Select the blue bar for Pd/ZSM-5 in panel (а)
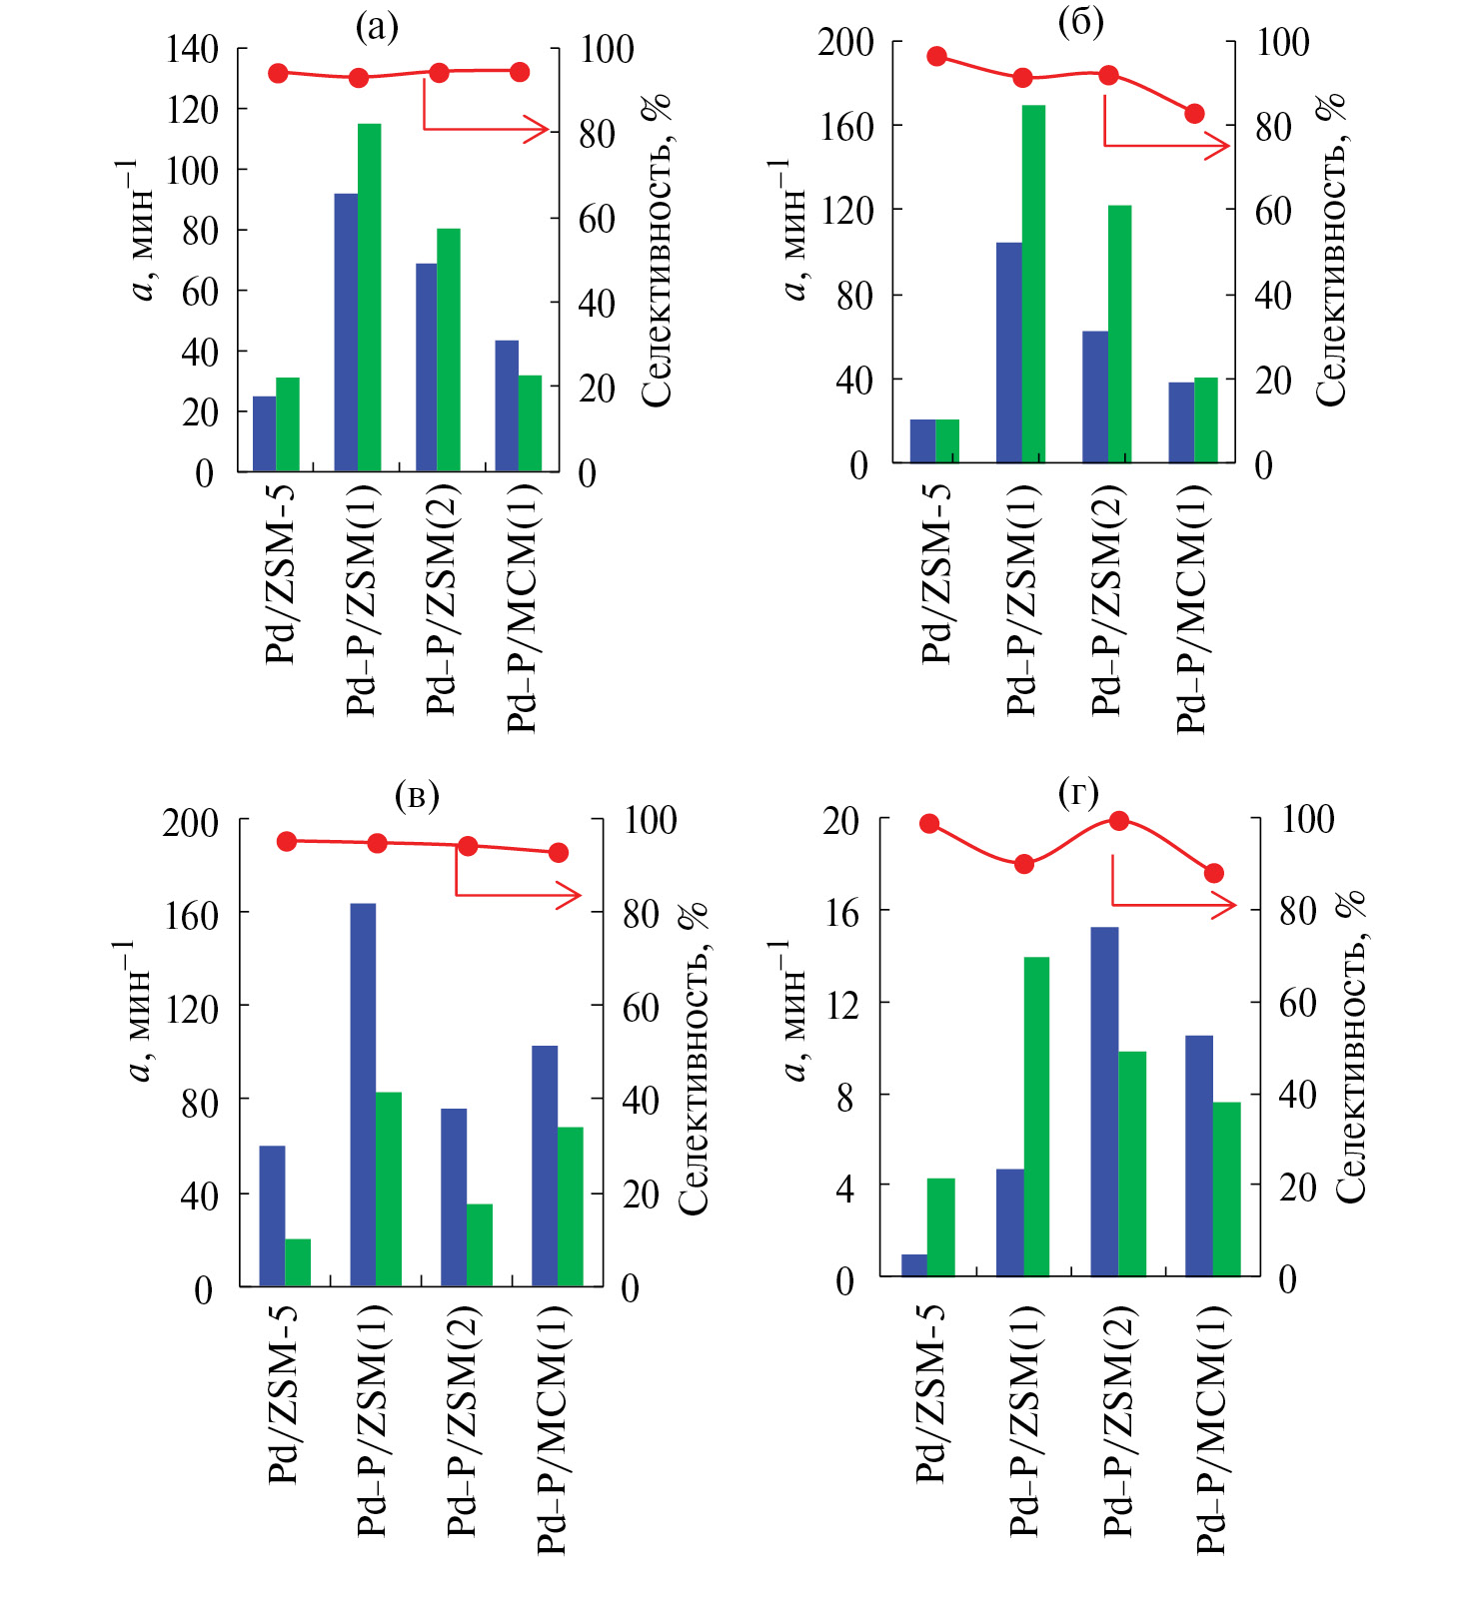click(264, 433)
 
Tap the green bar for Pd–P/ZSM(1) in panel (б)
click(1033, 284)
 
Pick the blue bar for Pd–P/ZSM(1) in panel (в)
click(363, 1095)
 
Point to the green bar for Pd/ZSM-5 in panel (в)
click(298, 1262)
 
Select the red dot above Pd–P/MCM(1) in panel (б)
click(1194, 114)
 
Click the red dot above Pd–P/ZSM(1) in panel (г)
click(1024, 864)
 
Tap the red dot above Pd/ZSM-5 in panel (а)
click(279, 73)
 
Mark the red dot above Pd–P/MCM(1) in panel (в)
click(559, 852)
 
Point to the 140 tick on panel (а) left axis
click(192, 48)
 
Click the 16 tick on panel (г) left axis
click(842, 911)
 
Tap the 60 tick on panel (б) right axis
click(1273, 211)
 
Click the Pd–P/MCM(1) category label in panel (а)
click(523, 608)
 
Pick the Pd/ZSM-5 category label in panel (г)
click(930, 1393)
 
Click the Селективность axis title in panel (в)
click(694, 1059)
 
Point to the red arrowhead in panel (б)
click(1219, 147)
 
